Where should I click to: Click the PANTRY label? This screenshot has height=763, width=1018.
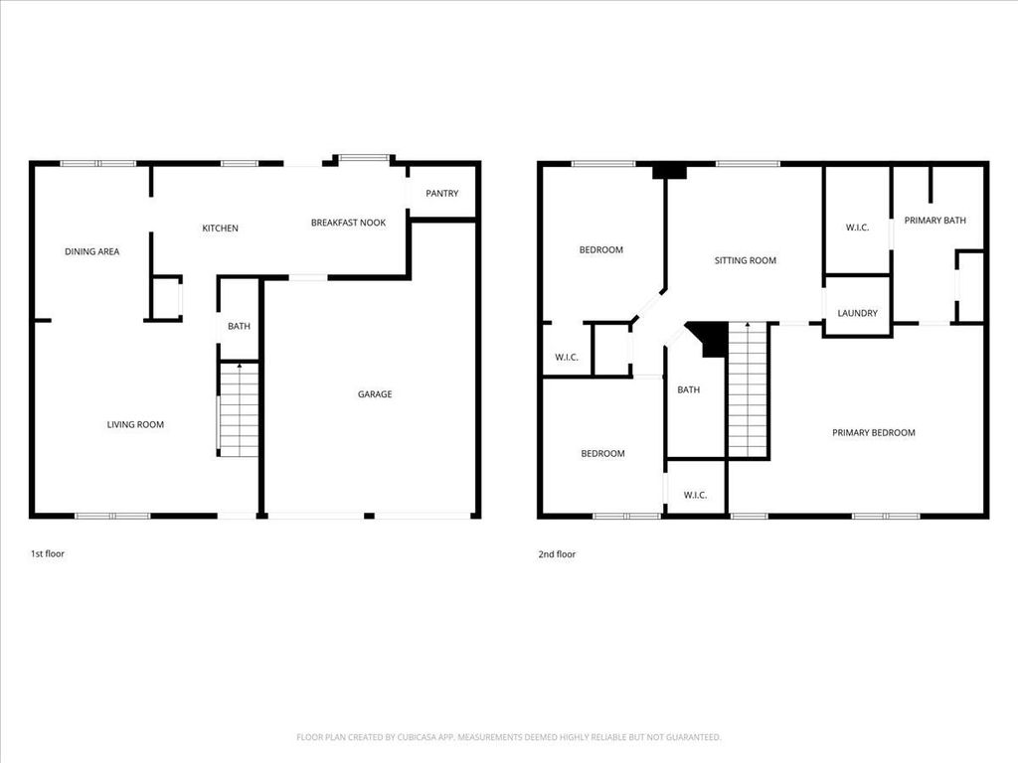(x=441, y=194)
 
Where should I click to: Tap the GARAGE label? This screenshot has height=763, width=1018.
(x=375, y=393)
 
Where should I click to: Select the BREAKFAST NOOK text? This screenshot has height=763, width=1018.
(x=348, y=223)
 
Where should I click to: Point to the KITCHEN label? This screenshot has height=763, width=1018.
(x=220, y=229)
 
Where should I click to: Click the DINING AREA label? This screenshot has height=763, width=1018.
(x=92, y=251)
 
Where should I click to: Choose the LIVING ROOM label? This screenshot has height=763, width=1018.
(x=135, y=425)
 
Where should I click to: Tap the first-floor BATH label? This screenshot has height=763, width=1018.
(x=239, y=326)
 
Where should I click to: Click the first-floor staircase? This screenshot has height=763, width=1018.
(x=239, y=410)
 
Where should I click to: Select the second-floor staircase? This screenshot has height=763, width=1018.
(x=748, y=389)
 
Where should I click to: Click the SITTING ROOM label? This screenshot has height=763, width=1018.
(x=746, y=261)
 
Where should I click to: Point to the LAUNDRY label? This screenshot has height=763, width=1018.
(x=857, y=313)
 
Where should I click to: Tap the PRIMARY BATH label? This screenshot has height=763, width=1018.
(x=934, y=221)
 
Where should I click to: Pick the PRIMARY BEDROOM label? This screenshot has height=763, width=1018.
(x=874, y=433)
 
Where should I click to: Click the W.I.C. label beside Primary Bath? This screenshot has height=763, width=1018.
(x=857, y=228)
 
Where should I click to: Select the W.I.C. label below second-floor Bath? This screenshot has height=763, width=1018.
(x=695, y=495)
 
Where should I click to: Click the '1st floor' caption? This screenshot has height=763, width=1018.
(x=48, y=553)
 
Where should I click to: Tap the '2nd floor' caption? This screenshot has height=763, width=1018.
(x=557, y=554)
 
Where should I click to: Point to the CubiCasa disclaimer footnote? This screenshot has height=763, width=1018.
(x=508, y=737)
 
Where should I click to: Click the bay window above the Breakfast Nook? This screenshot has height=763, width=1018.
(x=364, y=158)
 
